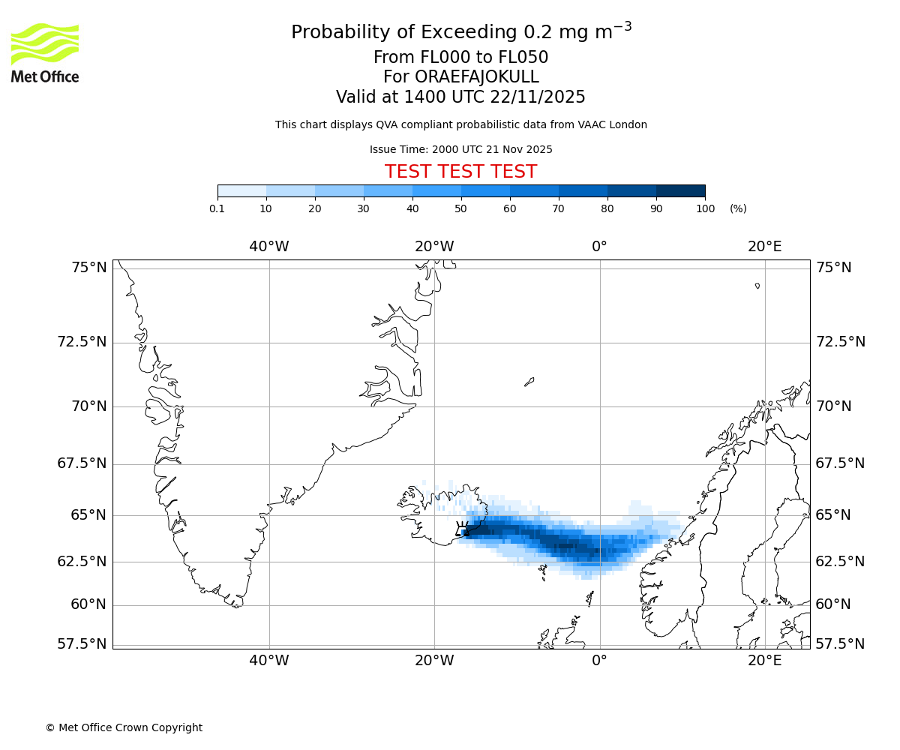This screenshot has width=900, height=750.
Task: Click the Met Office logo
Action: click(x=45, y=52)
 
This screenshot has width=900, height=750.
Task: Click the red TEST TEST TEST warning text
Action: click(x=460, y=172)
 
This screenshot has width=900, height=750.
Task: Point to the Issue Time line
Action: click(x=460, y=149)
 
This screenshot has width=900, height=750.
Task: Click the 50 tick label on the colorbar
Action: click(x=461, y=208)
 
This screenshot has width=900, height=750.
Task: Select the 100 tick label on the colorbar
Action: click(x=705, y=208)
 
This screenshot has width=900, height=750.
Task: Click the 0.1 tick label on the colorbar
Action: click(x=217, y=208)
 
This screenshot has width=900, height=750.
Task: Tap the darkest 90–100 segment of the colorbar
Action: click(x=680, y=190)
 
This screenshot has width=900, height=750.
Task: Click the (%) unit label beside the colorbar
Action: click(x=738, y=208)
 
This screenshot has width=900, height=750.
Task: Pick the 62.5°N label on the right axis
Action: click(x=840, y=562)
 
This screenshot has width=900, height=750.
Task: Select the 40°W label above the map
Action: click(x=269, y=246)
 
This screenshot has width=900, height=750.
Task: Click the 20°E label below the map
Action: click(x=764, y=661)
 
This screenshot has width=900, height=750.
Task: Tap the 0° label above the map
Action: click(x=599, y=246)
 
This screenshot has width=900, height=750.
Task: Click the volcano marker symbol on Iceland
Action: click(x=462, y=528)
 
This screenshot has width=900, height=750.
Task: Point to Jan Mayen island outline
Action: click(x=529, y=382)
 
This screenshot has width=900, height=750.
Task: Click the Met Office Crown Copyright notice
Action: click(x=124, y=727)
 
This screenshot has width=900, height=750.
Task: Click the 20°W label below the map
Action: click(x=434, y=661)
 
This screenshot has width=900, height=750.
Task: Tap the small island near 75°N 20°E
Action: click(x=757, y=286)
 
